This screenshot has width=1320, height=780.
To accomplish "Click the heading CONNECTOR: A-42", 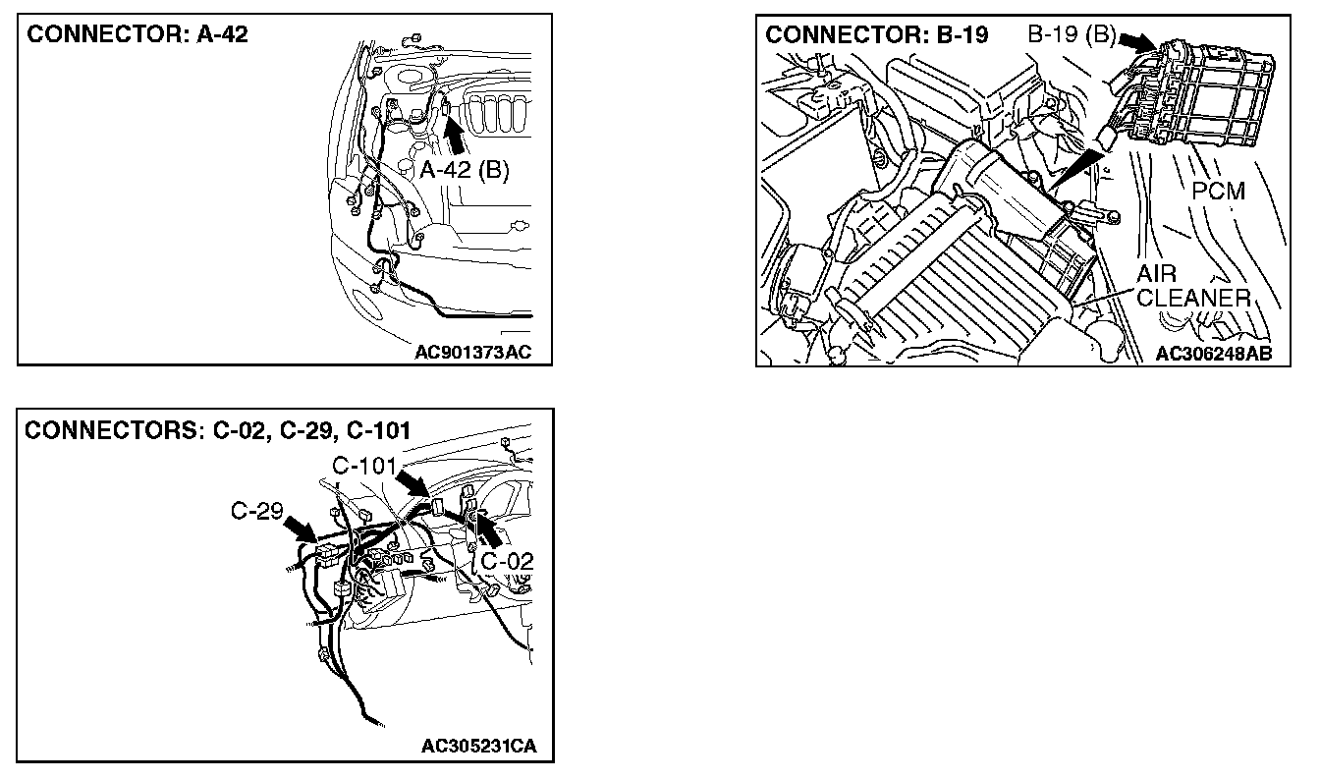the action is [137, 35].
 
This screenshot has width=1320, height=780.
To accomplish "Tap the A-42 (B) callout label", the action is [465, 170].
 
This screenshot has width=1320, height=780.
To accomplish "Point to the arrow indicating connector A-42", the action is [453, 132].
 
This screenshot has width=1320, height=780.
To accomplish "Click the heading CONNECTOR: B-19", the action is [877, 35].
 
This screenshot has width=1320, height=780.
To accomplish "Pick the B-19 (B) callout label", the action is [1072, 35].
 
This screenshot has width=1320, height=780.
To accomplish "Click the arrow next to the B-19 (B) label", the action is [1135, 42].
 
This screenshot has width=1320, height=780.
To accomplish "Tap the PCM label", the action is [1218, 190].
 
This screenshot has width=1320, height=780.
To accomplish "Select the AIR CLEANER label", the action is [1192, 286].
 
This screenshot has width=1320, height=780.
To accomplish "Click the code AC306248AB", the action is [1207, 353].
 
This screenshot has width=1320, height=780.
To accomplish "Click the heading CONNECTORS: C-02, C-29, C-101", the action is [218, 431].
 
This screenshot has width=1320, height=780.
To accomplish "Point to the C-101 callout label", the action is [364, 465].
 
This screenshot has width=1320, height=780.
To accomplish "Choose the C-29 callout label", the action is [257, 511].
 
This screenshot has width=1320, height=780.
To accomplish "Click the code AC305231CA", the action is [479, 746].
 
